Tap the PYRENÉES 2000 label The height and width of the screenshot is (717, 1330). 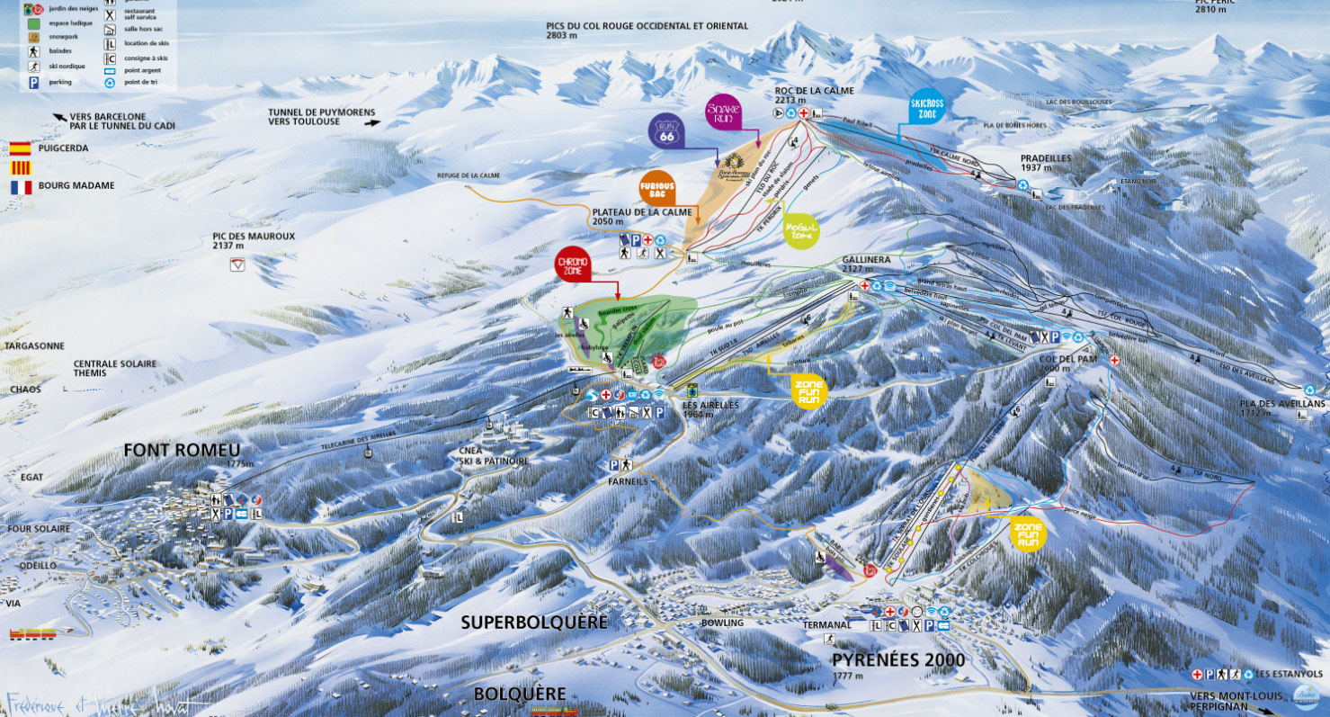(897, 660)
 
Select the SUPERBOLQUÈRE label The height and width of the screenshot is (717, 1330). (534, 623)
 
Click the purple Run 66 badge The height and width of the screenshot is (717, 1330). (666, 132)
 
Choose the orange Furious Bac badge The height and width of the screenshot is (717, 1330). (657, 187)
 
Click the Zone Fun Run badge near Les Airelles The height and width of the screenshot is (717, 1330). (809, 390)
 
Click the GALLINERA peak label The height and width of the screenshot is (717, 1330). (866, 259)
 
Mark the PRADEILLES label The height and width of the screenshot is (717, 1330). (1045, 157)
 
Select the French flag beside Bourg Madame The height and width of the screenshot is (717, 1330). (20, 187)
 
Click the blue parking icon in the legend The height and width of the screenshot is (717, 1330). (33, 82)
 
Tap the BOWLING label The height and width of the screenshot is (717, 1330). (723, 623)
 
